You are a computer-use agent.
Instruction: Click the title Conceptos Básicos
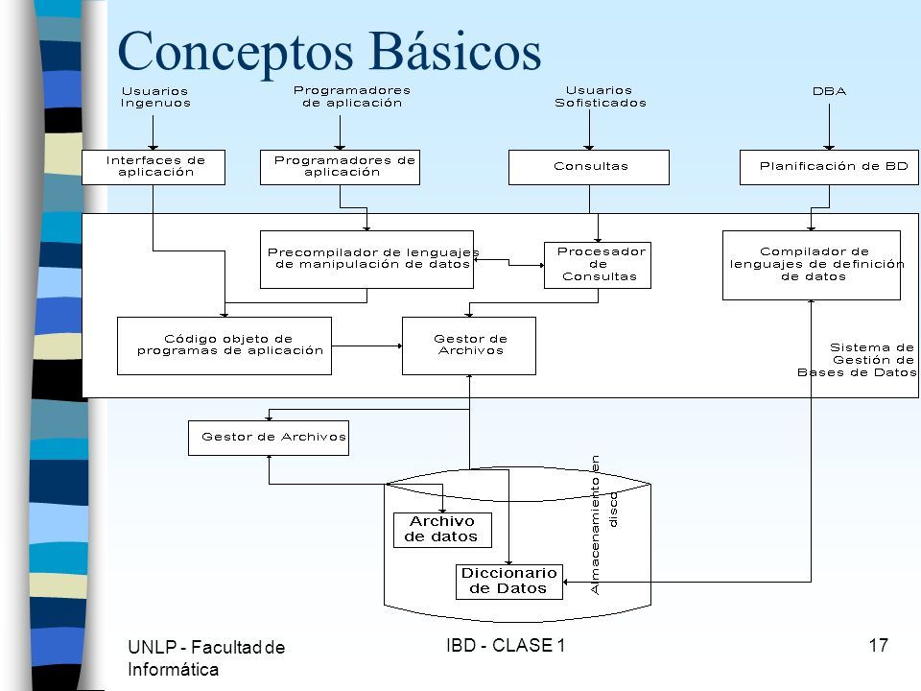click(x=329, y=52)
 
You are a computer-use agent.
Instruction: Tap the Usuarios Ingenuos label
click(x=155, y=97)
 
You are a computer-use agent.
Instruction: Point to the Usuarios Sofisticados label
click(x=601, y=96)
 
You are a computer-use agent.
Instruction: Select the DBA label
click(x=829, y=91)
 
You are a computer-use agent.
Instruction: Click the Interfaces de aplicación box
click(x=153, y=167)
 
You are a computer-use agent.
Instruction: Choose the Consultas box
click(x=588, y=167)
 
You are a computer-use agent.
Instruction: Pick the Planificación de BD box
click(x=829, y=167)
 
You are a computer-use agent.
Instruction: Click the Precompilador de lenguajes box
click(x=366, y=259)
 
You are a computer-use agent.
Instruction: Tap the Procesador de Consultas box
click(x=598, y=265)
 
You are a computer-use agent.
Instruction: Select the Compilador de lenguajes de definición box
click(x=812, y=265)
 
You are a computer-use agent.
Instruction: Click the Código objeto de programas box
click(x=224, y=345)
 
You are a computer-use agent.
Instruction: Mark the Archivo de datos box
click(x=442, y=530)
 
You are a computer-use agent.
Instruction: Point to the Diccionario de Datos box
click(x=509, y=582)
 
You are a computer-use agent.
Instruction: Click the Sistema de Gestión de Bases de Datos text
click(x=857, y=360)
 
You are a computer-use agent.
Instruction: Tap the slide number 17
click(x=878, y=645)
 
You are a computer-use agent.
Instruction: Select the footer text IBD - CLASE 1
click(x=506, y=645)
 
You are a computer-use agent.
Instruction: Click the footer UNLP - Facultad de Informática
click(x=206, y=658)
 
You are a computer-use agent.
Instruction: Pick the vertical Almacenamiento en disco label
click(x=603, y=525)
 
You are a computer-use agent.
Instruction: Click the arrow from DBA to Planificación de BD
click(x=829, y=127)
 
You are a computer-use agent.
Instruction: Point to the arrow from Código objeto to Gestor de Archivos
click(x=367, y=345)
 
